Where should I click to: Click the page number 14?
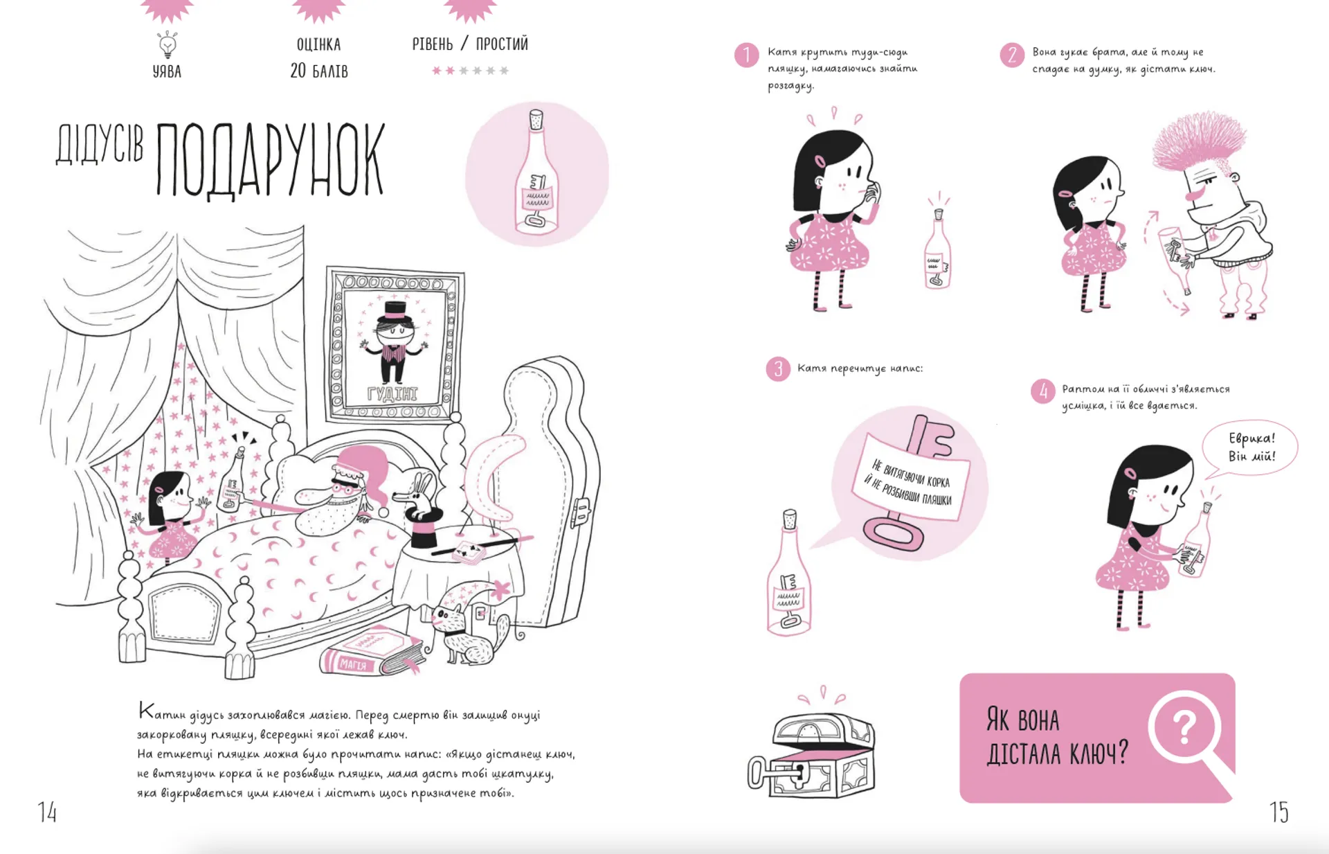tap(47, 812)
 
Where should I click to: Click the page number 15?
tap(1279, 812)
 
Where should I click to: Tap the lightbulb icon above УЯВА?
tap(168, 44)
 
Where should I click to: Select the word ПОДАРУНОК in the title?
tap(270, 160)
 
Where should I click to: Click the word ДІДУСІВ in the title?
tap(100, 145)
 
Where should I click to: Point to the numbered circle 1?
tap(746, 55)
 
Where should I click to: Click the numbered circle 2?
tap(1012, 55)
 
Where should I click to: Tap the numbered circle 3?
tap(778, 369)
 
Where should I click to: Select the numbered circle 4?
tap(1043, 391)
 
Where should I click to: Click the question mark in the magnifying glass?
tap(1184, 727)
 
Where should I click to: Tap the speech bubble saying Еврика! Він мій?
tap(1251, 447)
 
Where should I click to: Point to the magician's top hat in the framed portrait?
tap(395, 310)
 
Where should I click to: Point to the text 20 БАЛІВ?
tap(319, 71)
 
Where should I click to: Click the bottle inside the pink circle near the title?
tap(536, 173)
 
